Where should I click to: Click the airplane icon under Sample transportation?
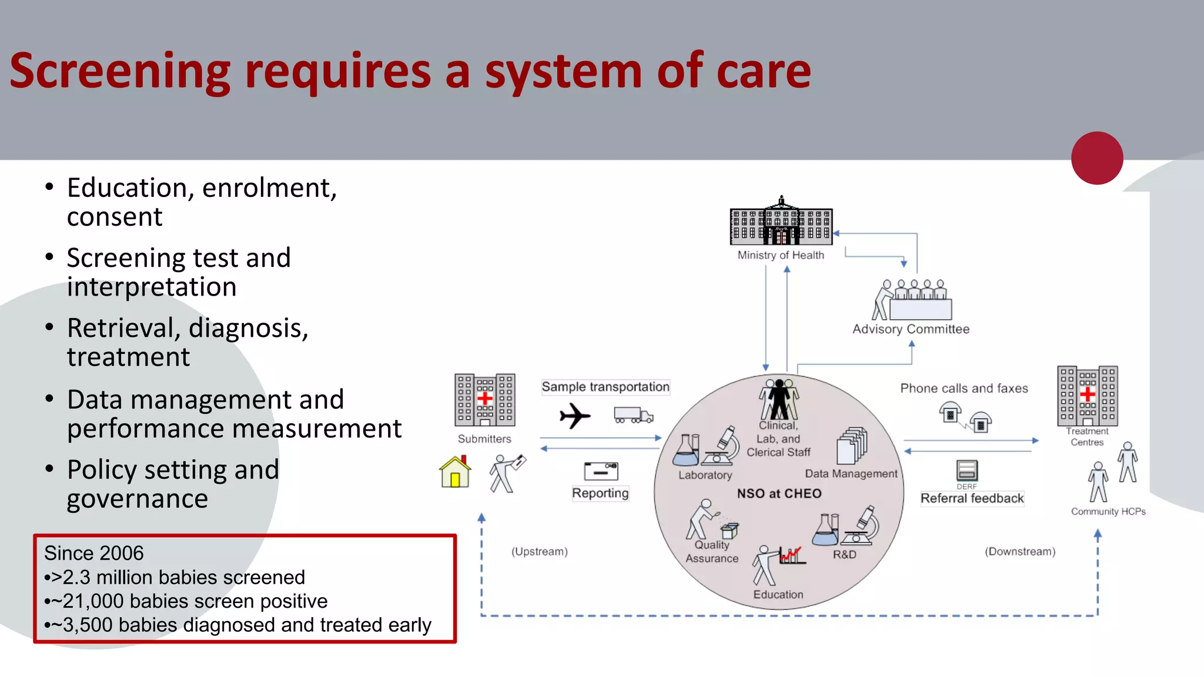tap(574, 416)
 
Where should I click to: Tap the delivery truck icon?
tap(633, 415)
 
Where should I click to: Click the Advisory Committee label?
tap(911, 329)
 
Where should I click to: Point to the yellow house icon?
tap(455, 472)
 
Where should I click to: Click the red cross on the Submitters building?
tap(485, 399)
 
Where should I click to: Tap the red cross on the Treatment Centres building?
tap(1088, 393)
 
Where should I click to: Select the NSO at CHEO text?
tap(779, 494)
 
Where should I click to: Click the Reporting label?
tap(600, 493)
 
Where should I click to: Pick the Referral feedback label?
tap(972, 498)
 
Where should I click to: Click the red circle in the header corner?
tap(1097, 157)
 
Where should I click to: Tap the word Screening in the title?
tap(120, 72)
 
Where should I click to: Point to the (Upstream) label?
tap(539, 551)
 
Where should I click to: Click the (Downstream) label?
tap(1020, 551)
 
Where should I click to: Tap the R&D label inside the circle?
tap(844, 554)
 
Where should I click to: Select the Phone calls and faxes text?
tap(964, 388)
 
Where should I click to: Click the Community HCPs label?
tap(1108, 511)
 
